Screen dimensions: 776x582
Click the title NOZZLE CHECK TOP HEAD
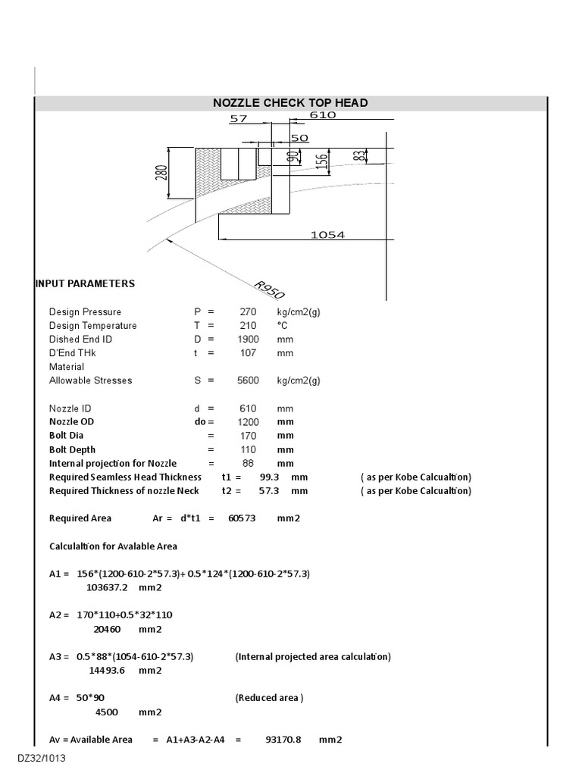coord(290,103)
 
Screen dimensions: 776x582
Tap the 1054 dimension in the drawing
coord(327,235)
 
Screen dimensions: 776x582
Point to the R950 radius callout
coord(269,289)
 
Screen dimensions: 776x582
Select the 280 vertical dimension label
coord(161,174)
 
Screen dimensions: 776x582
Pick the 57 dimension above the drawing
coord(239,119)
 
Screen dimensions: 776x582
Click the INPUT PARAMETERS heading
coord(85,283)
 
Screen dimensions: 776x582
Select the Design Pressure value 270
coord(249,312)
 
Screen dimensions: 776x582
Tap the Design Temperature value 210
coord(249,326)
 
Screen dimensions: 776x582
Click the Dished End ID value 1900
coord(249,339)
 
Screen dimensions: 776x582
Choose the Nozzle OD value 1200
coord(249,421)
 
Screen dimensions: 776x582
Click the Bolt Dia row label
coord(67,436)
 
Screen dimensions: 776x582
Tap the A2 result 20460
coord(107,629)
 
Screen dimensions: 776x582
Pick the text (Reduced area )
coord(269,698)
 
